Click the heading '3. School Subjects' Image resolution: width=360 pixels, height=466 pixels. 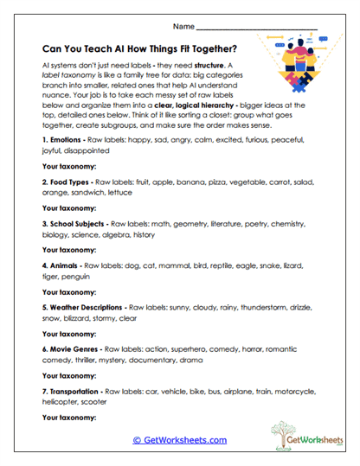pos(78,223)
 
